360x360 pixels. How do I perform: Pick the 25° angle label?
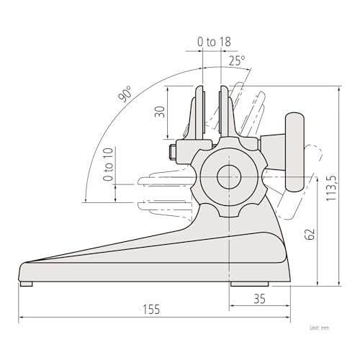click(x=238, y=61)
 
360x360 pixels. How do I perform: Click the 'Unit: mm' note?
click(x=320, y=328)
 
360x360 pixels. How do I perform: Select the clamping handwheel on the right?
click(x=295, y=153)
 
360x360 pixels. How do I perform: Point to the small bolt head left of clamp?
click(x=171, y=152)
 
